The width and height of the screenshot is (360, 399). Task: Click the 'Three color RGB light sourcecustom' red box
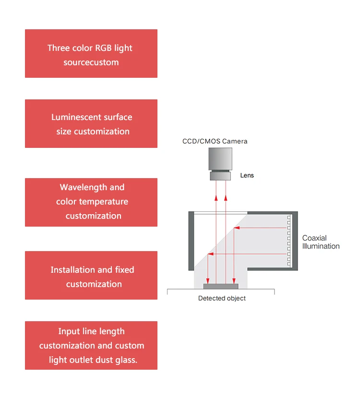(x=91, y=54)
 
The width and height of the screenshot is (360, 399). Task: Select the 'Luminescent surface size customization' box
(x=91, y=124)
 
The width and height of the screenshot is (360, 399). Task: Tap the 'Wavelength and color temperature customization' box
(x=91, y=202)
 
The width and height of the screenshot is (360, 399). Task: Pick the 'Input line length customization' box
(x=91, y=346)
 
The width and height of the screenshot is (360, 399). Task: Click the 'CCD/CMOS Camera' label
(x=215, y=141)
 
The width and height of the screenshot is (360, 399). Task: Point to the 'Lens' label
(x=247, y=176)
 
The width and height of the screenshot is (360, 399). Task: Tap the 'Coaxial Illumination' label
(x=321, y=242)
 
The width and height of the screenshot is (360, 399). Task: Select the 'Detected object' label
(x=222, y=298)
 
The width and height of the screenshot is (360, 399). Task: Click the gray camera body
(x=221, y=159)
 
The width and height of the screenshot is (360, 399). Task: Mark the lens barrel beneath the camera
(x=221, y=176)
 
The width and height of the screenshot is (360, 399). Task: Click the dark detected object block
(x=221, y=286)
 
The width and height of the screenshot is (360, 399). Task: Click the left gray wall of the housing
(x=192, y=240)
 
